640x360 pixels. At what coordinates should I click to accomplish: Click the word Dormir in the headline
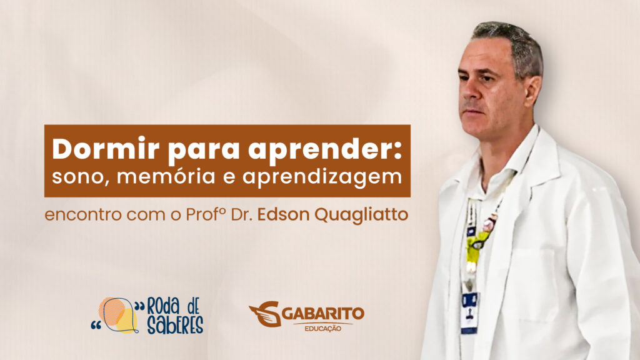point(105,149)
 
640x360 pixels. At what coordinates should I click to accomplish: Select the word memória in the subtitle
point(166,177)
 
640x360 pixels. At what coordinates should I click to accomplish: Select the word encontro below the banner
point(83,215)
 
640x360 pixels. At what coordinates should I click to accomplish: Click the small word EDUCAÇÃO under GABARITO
point(323,328)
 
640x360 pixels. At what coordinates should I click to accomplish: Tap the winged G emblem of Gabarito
point(265,314)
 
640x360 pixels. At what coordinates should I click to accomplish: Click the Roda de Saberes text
point(174,316)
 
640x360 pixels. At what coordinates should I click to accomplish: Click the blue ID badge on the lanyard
point(469,313)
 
